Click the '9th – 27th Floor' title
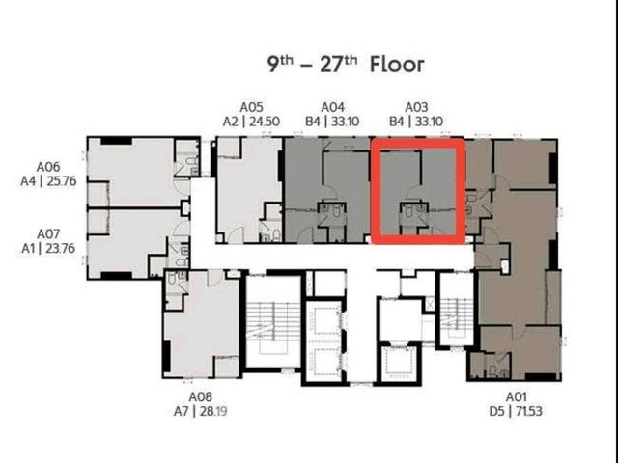346,65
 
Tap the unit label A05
251,107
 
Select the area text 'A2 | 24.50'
251,122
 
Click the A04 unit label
332,107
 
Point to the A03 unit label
416,107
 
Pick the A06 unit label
48,167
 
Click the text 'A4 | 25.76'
48,181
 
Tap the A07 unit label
48,234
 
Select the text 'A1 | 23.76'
48,249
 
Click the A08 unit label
200,396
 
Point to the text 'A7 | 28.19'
200,411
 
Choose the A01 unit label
516,396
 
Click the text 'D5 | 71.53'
516,411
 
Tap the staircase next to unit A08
272,322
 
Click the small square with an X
429,306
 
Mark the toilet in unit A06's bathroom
190,161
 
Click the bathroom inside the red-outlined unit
413,214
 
